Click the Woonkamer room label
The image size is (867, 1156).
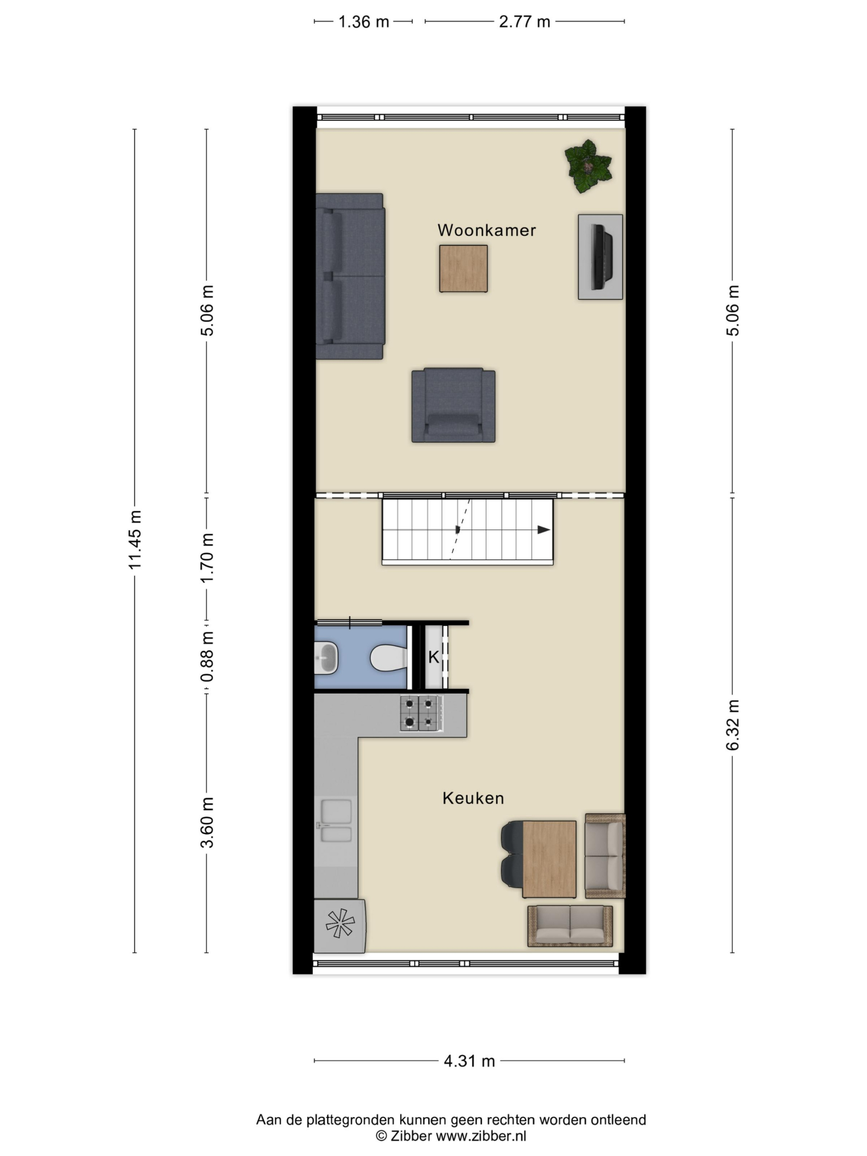(x=486, y=230)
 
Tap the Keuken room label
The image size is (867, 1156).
(x=473, y=798)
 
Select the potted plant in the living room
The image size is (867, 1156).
(x=588, y=166)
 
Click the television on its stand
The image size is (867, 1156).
(x=601, y=256)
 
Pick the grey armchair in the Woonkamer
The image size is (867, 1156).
(x=453, y=405)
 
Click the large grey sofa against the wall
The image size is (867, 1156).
(x=350, y=276)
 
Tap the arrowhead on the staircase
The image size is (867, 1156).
(x=544, y=530)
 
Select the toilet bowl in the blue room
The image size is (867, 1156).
(x=389, y=657)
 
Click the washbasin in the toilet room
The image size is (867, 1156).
(x=326, y=657)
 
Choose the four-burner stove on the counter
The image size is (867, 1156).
(x=422, y=713)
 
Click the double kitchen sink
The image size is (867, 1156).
(x=336, y=820)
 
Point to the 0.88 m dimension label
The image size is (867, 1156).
(x=207, y=657)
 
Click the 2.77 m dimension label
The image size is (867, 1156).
(x=524, y=21)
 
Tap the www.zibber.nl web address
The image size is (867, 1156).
(x=481, y=1136)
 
